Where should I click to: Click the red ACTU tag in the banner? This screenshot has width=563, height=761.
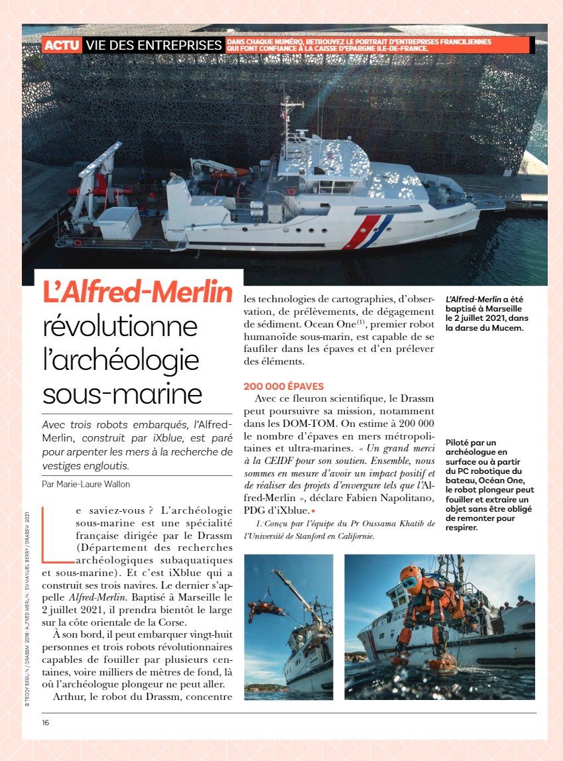point(62,45)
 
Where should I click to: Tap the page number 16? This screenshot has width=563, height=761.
point(45,722)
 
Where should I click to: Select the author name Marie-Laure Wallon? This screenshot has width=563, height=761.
point(95,484)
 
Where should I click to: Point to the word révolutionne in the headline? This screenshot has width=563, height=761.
point(120,327)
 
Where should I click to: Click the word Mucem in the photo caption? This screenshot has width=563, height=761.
point(507,327)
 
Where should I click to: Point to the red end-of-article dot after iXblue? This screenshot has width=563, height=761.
point(313,511)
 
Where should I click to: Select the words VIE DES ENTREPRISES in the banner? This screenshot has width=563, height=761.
point(154,45)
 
